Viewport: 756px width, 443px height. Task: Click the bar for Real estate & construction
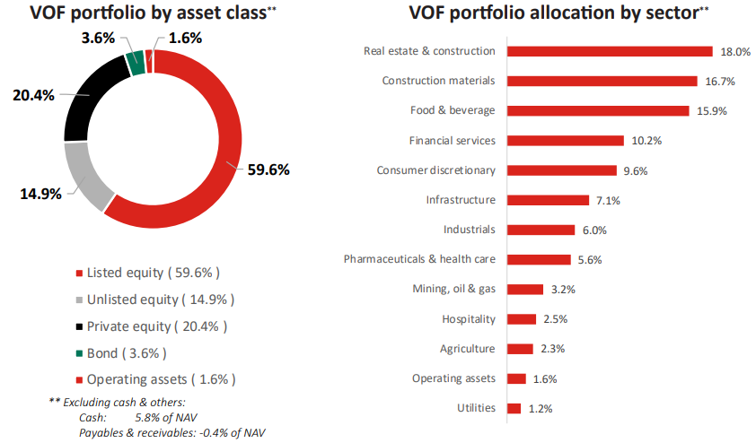[610, 51]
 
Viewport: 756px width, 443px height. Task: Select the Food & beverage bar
[597, 110]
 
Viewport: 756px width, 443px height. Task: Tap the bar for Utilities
[514, 408]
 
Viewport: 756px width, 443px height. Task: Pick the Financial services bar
[565, 141]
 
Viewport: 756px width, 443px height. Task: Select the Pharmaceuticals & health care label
[419, 259]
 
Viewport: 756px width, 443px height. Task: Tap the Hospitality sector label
[468, 318]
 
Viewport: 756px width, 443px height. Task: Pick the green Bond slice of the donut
[136, 62]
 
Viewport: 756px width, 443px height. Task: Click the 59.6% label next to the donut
[268, 169]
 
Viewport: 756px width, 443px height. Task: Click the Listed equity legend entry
[153, 272]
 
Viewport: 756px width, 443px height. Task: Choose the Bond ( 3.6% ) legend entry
[127, 352]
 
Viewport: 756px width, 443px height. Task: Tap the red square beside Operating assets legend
[80, 379]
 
